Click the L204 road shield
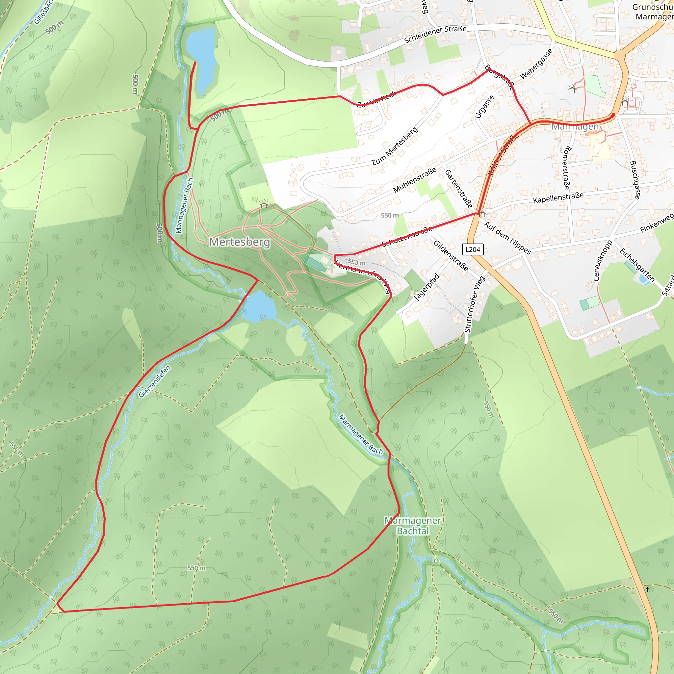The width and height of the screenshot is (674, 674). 473,249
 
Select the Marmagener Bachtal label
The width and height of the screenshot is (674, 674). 413,526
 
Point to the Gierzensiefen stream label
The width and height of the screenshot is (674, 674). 155,381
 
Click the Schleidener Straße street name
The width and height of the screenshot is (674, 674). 435,34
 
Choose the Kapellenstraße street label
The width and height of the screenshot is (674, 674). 558,197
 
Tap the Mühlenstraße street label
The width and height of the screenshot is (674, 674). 414,180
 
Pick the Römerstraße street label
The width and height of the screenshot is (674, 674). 567,168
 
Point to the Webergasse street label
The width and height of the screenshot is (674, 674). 536,64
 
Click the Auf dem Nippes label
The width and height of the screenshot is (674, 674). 507,238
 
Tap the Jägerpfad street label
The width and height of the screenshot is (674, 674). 426,287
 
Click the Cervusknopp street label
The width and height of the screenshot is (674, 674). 603,260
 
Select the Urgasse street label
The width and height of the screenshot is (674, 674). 484,107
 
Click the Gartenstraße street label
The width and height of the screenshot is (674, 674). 458,189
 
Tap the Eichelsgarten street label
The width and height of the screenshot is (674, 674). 637,265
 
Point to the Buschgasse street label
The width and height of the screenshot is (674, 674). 635,180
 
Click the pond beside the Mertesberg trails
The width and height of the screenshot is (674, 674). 259,307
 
